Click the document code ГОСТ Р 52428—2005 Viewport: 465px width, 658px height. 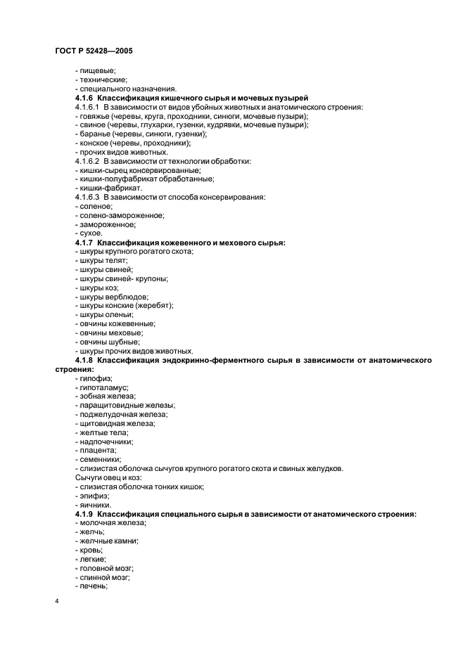pyautogui.click(x=92, y=52)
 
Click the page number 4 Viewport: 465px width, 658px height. pyautogui.click(x=57, y=601)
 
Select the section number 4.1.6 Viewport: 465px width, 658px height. pyautogui.click(x=84, y=97)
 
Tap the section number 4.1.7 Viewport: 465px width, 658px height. pyautogui.click(x=84, y=243)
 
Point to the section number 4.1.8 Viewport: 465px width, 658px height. pyautogui.click(x=84, y=360)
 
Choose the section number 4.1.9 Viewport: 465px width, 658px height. pyautogui.click(x=84, y=515)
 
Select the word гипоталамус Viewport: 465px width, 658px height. pyautogui.click(x=104, y=387)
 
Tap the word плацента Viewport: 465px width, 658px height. pyautogui.click(x=98, y=450)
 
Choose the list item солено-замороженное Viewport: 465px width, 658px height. pyautogui.click(x=113, y=215)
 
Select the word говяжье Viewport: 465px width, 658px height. pyautogui.click(x=92, y=116)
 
